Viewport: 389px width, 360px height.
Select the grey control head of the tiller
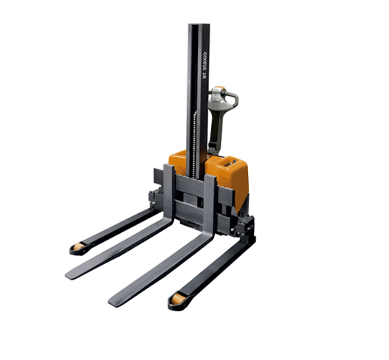218,98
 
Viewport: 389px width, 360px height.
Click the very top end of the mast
198,26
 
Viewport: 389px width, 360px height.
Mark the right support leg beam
214,269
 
